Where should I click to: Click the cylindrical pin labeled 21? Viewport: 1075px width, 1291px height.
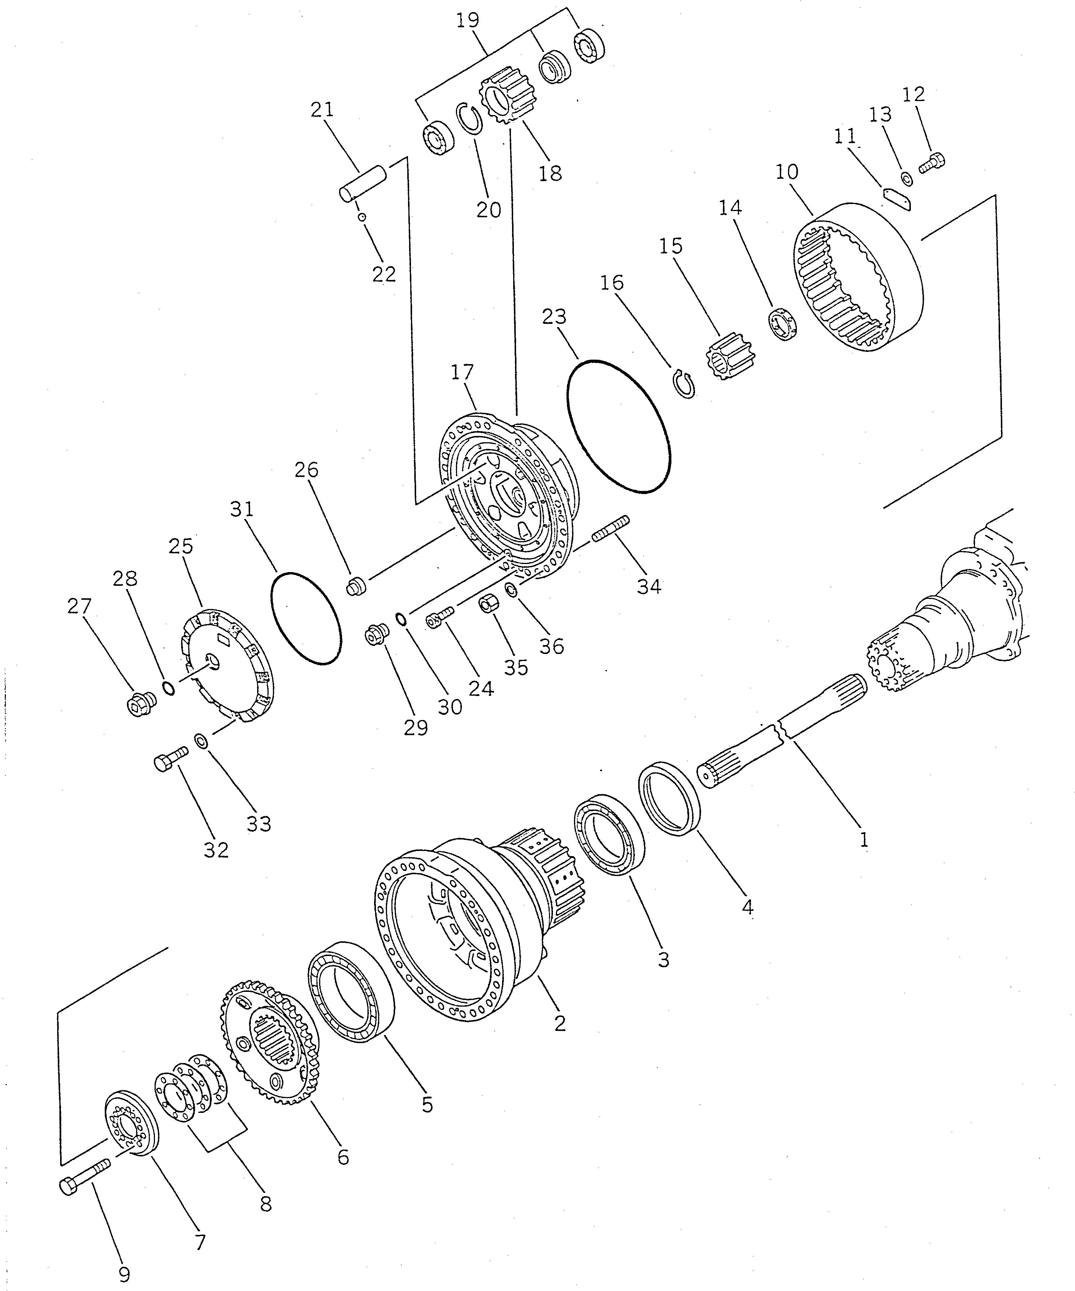pyautogui.click(x=363, y=183)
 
